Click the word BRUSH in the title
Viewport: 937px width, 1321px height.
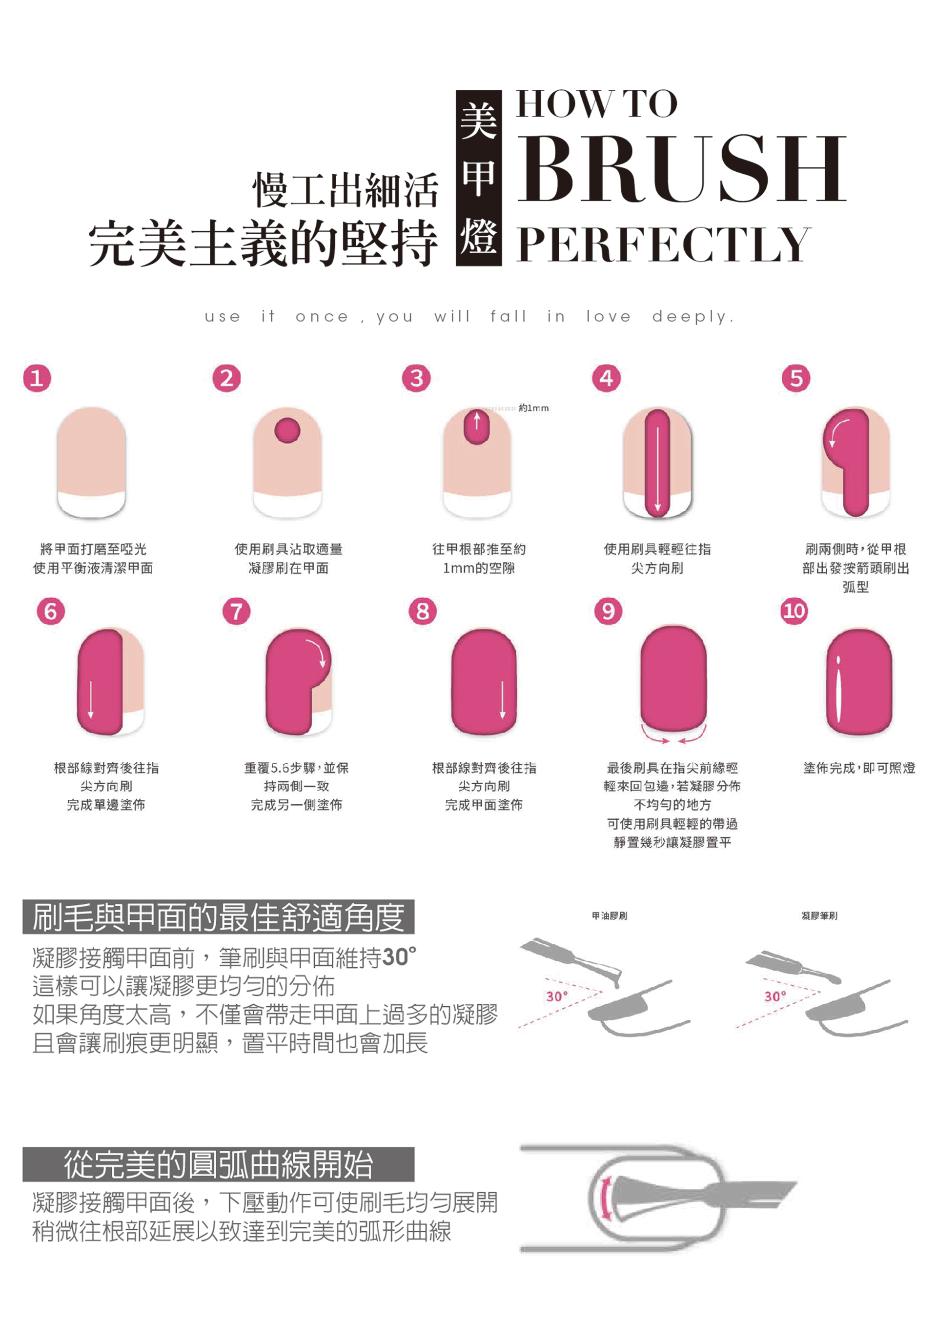[681, 168]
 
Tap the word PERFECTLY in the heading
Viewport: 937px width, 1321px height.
[664, 244]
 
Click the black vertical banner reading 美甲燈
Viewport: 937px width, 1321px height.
[478, 178]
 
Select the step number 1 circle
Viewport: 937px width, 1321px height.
[37, 378]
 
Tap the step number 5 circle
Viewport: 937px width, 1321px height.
[795, 378]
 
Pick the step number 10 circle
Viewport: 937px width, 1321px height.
[794, 610]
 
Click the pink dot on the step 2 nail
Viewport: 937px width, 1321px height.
[287, 430]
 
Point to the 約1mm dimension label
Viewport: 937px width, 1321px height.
[533, 408]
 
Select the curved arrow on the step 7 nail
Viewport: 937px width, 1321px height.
[318, 652]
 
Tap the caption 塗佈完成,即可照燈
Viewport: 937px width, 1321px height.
[859, 768]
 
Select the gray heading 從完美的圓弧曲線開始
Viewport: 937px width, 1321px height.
[218, 1164]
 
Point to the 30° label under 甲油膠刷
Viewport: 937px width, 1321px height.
[557, 996]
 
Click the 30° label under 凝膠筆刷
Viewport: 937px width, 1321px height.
[775, 996]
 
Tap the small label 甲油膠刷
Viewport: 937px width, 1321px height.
[609, 916]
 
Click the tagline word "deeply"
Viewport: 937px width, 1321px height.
[691, 317]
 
